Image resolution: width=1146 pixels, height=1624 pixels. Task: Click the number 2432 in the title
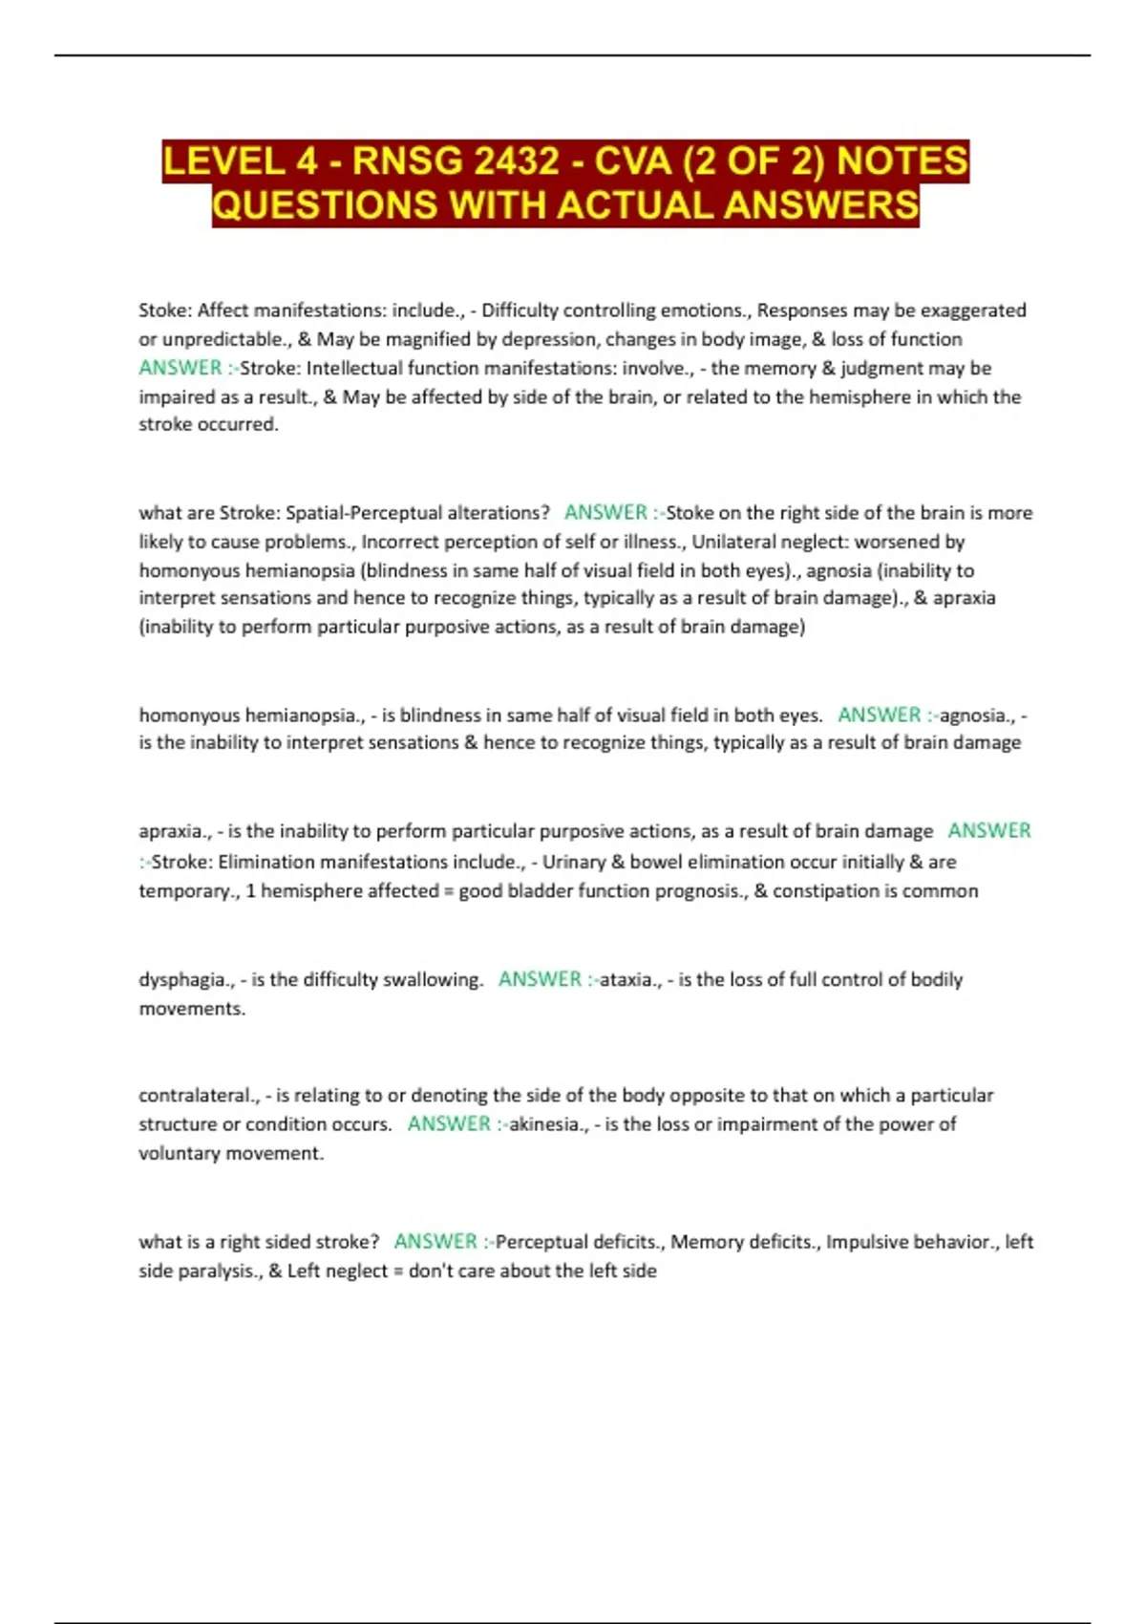coord(516,160)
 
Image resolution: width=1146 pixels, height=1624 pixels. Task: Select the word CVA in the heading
coord(632,160)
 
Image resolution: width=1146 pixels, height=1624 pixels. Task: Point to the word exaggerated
coord(973,310)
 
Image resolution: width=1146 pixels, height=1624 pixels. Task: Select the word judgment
coord(879,368)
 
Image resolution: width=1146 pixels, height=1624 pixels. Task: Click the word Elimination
coord(266,862)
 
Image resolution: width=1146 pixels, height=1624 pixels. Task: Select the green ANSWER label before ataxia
coord(540,979)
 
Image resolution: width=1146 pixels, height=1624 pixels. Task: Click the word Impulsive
coord(867,1242)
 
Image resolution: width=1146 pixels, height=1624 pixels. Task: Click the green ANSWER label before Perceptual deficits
coord(435,1242)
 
